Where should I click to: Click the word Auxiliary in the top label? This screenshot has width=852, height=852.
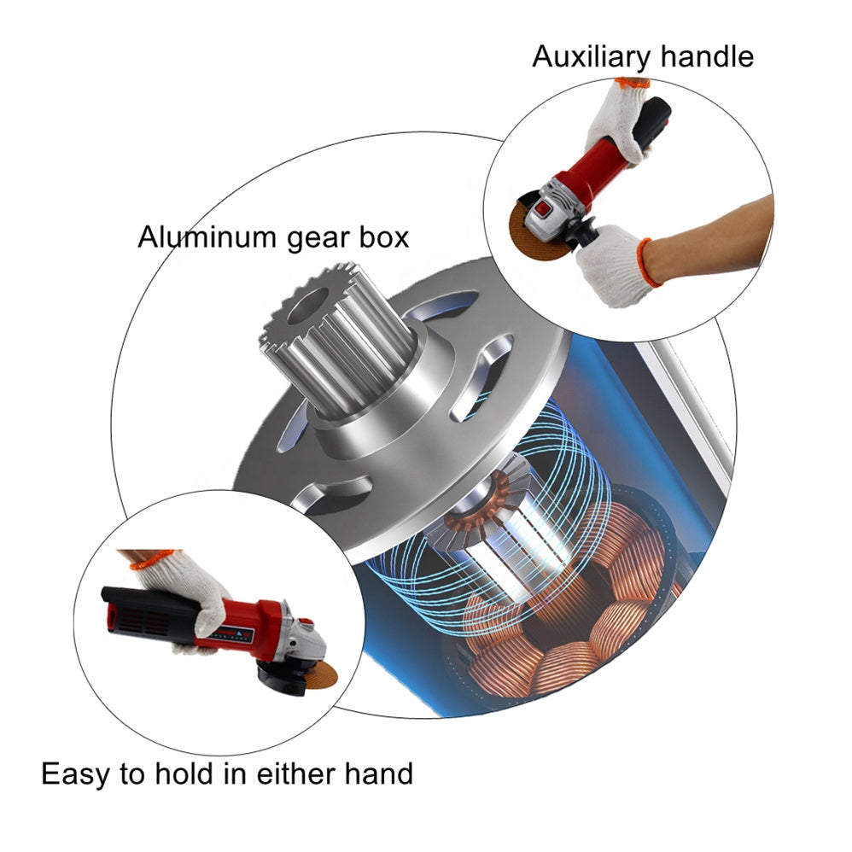[591, 56]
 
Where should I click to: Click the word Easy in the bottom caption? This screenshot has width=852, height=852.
[75, 773]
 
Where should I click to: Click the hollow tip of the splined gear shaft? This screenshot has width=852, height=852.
[308, 305]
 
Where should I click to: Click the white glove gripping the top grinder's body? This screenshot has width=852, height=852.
[620, 124]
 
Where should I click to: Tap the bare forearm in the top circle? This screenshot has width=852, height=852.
[712, 239]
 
